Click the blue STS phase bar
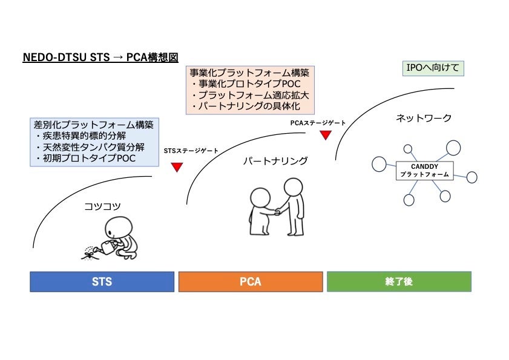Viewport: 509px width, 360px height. (x=102, y=282)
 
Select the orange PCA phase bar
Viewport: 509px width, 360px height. (x=250, y=282)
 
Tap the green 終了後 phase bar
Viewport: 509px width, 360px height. (x=399, y=282)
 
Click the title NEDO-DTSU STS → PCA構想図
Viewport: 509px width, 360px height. (x=100, y=57)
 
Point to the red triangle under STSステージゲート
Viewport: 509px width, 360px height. (x=177, y=167)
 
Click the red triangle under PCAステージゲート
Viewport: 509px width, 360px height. (x=325, y=135)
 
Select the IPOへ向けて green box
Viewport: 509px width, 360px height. (x=433, y=68)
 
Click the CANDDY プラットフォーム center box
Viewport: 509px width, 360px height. (x=424, y=170)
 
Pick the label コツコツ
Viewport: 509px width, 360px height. (x=102, y=206)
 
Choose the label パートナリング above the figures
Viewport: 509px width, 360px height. (x=275, y=161)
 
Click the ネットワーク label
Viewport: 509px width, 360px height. (x=424, y=118)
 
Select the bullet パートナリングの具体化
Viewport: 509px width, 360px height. (x=245, y=106)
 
